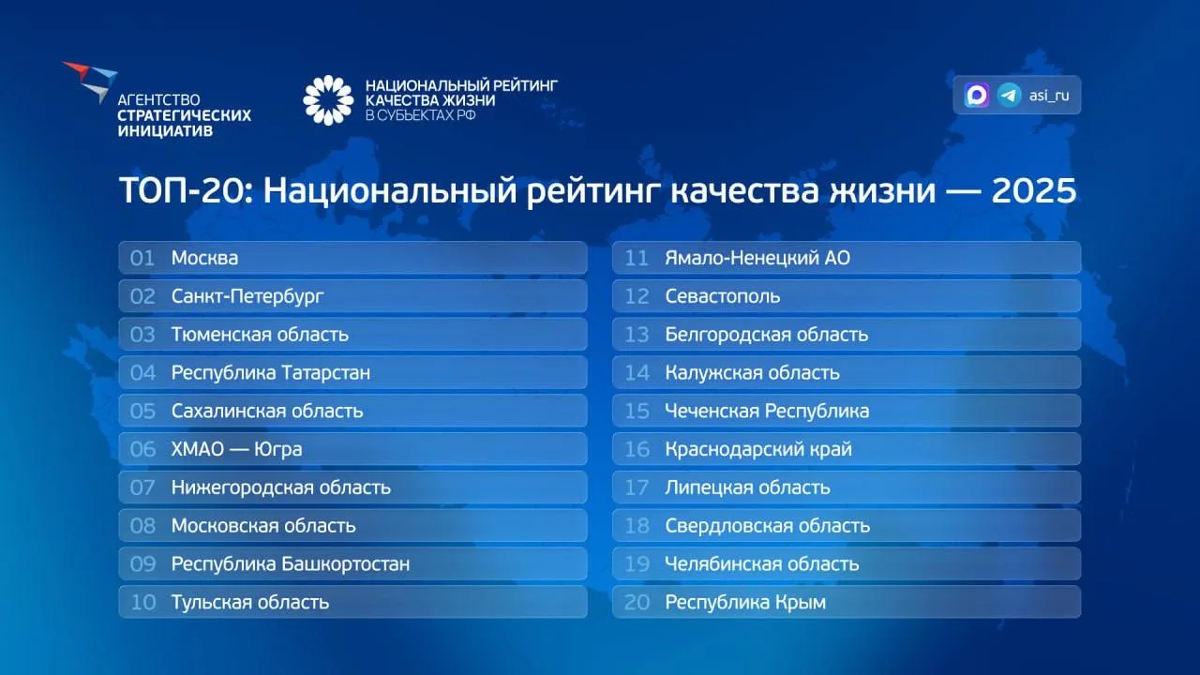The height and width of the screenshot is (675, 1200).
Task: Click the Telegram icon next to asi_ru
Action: [x=1009, y=96]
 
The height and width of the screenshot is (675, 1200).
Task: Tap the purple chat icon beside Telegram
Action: [x=977, y=96]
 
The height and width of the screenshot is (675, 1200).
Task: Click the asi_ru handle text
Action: [x=1049, y=96]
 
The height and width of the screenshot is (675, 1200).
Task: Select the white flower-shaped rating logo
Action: [x=328, y=100]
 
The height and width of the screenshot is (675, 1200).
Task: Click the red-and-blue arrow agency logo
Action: [x=90, y=82]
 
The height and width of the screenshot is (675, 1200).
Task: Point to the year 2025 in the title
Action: [x=1033, y=190]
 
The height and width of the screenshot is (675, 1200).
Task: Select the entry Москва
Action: [x=204, y=258]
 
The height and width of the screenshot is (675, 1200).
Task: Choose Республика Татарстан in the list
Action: [x=271, y=373]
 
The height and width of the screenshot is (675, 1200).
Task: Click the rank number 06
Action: [x=142, y=449]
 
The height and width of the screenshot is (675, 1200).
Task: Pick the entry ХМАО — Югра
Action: [x=236, y=449]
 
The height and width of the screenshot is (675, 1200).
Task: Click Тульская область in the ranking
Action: [x=250, y=603]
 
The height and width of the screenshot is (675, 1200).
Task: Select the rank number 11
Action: [x=637, y=258]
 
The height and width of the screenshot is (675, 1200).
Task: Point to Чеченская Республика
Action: [x=767, y=412]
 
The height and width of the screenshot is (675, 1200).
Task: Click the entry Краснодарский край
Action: [x=758, y=449]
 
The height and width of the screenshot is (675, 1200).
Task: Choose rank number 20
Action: [x=637, y=603]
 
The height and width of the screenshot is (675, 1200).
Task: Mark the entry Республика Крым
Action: [x=745, y=603]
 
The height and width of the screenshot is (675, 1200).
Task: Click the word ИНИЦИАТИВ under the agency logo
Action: [x=165, y=131]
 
